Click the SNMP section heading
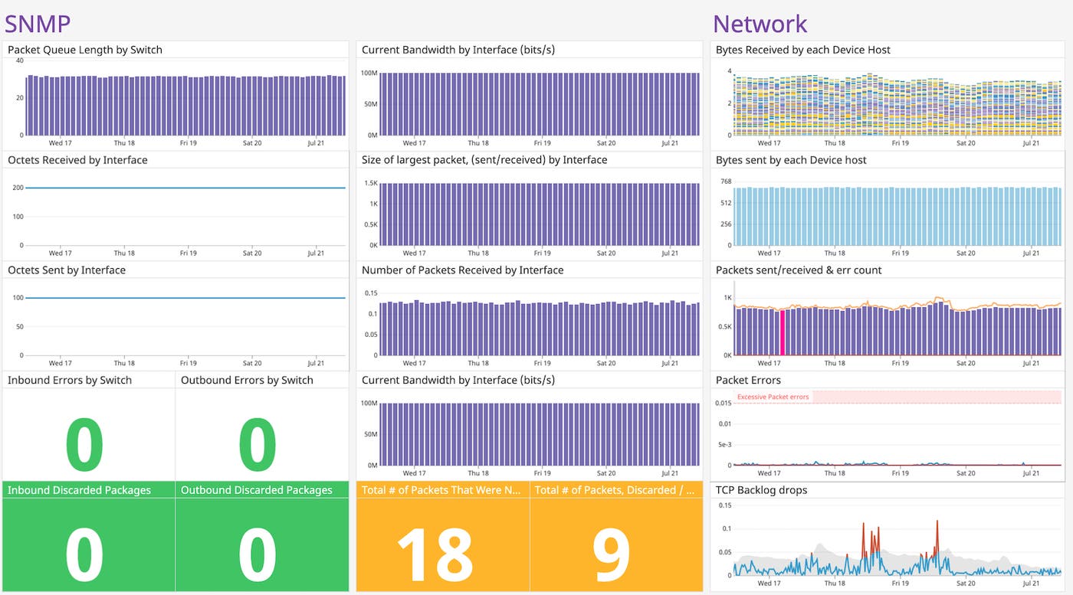38,23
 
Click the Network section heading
760,23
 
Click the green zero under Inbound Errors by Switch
84,444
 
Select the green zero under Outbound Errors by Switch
258,444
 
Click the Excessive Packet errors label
773,397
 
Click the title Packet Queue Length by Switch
85,50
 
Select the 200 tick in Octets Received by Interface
17,188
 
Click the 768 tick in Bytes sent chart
726,181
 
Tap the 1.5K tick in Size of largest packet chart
371,183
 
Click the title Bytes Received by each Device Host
802,50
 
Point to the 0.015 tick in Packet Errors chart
723,402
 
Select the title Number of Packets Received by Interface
462,270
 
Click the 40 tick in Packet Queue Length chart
19,60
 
